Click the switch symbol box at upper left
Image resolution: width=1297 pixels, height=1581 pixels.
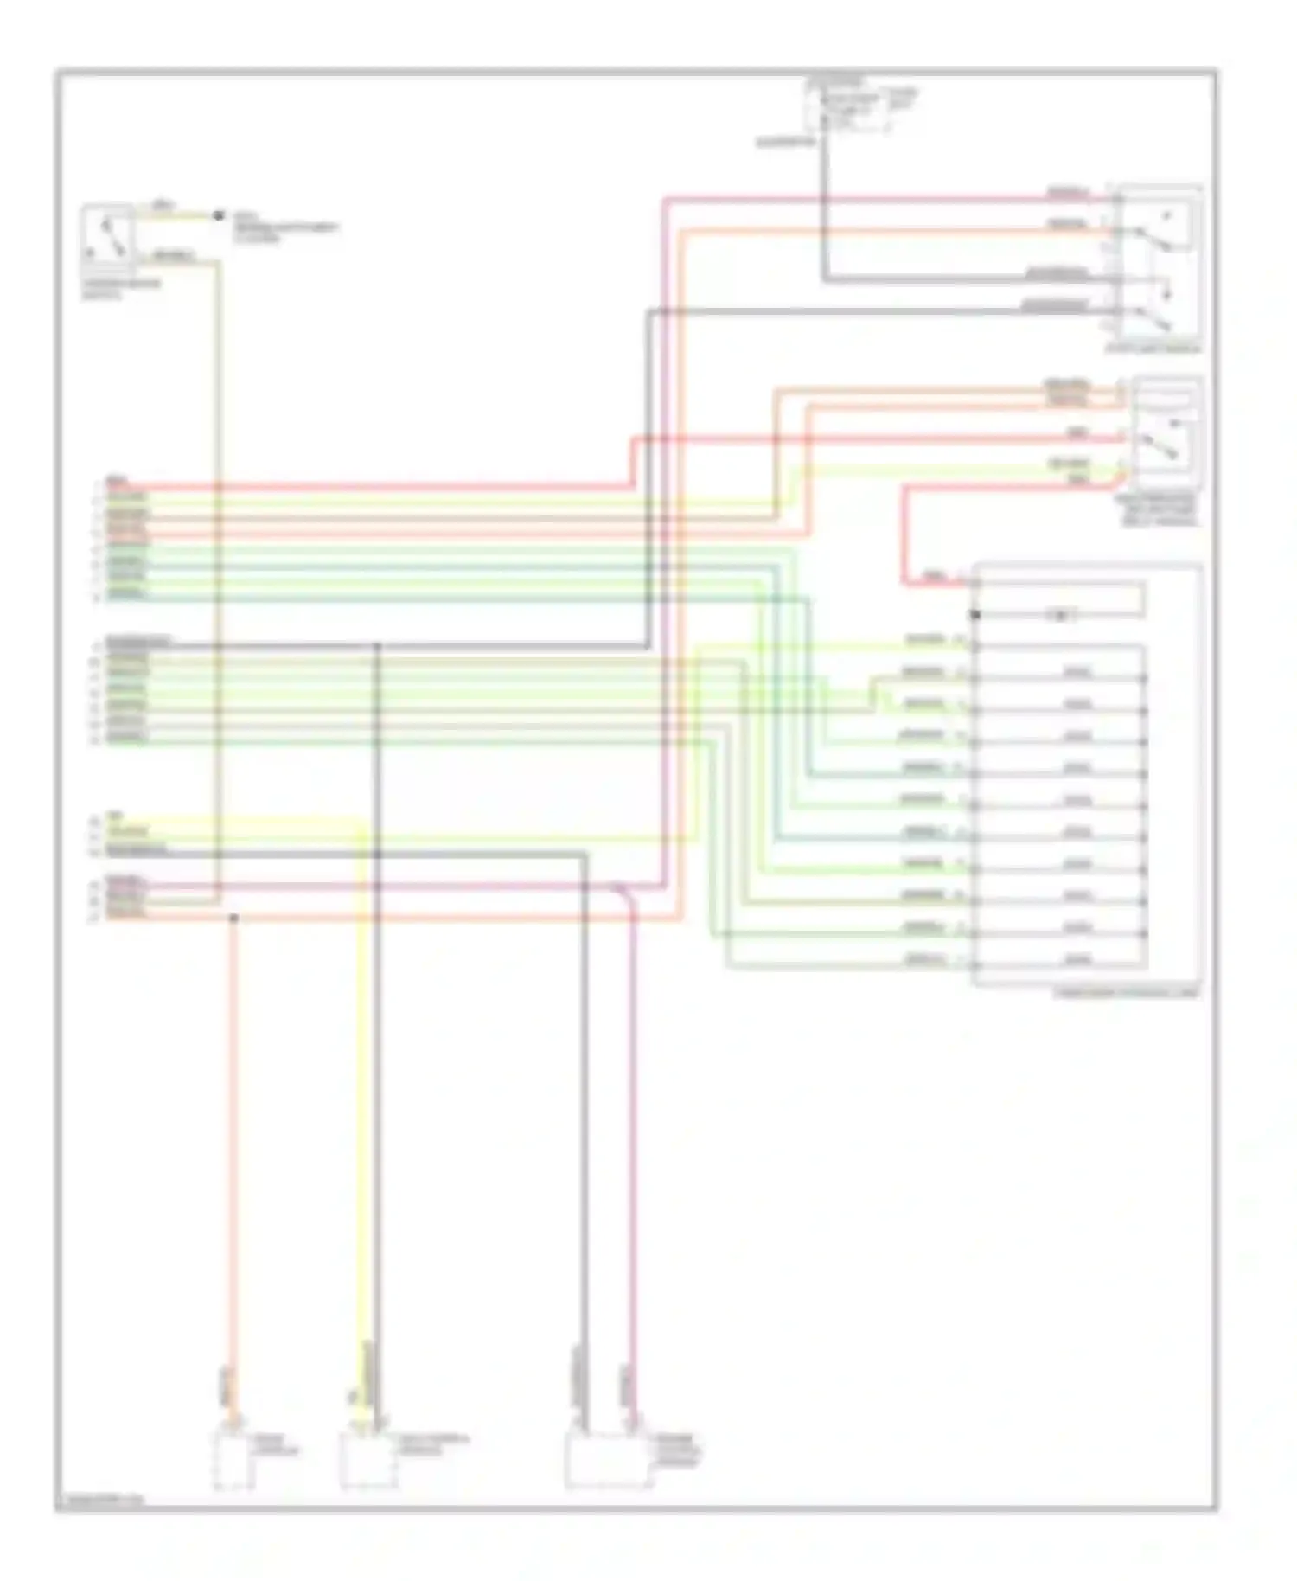[x=107, y=234]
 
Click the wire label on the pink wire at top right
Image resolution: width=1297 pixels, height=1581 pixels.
[x=1067, y=192]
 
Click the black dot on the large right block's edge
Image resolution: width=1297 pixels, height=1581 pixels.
[x=975, y=615]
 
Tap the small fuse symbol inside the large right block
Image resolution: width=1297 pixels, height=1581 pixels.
[x=1060, y=615]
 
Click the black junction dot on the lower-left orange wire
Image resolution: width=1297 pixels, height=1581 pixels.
[x=233, y=918]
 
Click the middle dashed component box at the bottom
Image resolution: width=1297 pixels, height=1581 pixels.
[x=368, y=1460]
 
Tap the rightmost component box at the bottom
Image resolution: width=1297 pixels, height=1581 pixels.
[x=608, y=1460]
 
